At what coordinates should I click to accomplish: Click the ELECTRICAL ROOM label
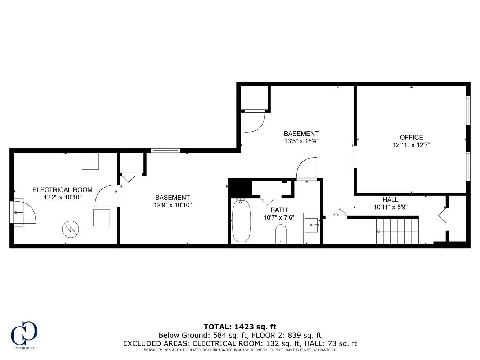pyautogui.click(x=62, y=190)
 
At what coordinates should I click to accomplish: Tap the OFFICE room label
pyautogui.click(x=411, y=137)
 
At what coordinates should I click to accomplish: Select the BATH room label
pyautogui.click(x=279, y=210)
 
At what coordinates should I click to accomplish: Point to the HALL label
pyautogui.click(x=390, y=200)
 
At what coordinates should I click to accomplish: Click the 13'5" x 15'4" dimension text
pyautogui.click(x=301, y=141)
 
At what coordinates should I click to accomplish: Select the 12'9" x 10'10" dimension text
pyautogui.click(x=172, y=205)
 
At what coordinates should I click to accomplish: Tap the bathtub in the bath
pyautogui.click(x=241, y=221)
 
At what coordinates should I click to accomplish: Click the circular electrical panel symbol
pyautogui.click(x=71, y=230)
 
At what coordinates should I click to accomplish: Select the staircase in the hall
pyautogui.click(x=398, y=231)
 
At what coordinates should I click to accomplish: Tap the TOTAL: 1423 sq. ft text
pyautogui.click(x=240, y=327)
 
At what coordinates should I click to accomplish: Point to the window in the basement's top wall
pyautogui.click(x=165, y=150)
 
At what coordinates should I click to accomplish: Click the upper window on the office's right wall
pyautogui.click(x=468, y=111)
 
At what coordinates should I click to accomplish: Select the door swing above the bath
pyautogui.click(x=307, y=168)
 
